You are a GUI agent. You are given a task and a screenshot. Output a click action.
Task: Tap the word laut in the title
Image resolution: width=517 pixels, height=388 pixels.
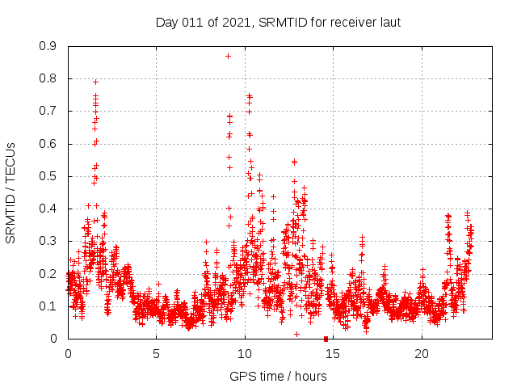[388, 22]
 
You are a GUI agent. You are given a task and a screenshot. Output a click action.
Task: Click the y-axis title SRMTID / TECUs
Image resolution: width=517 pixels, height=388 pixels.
[11, 193]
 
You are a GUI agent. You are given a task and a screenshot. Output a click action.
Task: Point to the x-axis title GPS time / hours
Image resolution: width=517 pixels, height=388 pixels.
[277, 376]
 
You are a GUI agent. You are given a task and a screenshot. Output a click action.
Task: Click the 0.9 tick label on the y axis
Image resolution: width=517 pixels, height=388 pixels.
[50, 47]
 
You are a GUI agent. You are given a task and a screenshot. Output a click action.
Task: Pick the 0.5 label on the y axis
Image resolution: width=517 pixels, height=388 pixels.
[50, 176]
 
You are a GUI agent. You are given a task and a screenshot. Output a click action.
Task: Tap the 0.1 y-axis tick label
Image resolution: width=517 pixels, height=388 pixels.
[50, 306]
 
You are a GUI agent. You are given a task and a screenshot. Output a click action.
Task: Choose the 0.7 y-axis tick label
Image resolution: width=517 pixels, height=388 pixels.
[50, 112]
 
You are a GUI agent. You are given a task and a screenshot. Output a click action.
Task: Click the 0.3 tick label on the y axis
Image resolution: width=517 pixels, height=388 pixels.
[50, 241]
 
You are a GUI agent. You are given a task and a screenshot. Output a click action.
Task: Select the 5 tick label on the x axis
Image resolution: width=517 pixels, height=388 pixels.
[156, 353]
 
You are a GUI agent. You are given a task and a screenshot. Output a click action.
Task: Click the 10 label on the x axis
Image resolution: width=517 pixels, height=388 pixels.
[245, 353]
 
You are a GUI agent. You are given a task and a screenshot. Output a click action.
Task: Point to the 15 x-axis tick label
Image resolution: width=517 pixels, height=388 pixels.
[333, 353]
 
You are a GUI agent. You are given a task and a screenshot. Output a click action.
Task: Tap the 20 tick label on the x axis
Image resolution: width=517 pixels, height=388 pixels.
[422, 353]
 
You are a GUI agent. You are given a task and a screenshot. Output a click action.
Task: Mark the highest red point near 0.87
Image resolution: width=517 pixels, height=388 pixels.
[229, 56]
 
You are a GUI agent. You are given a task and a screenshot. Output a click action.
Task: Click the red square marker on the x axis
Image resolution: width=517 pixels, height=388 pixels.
[326, 338]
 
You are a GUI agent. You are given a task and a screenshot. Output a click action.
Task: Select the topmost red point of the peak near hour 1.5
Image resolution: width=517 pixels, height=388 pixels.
[95, 82]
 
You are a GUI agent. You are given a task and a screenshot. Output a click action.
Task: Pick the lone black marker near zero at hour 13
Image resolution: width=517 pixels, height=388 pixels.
[296, 334]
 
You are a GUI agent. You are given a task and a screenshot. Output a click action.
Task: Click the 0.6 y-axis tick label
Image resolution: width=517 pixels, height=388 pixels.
[50, 144]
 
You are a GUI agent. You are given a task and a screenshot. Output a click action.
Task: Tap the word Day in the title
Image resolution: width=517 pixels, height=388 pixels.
[166, 22]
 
